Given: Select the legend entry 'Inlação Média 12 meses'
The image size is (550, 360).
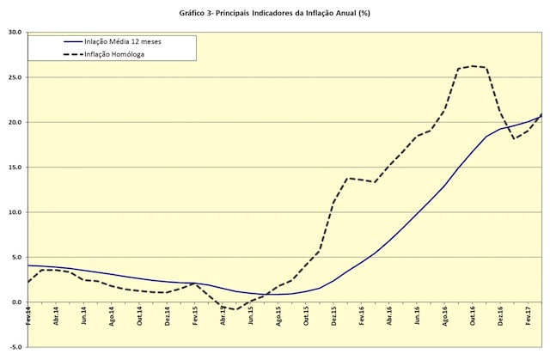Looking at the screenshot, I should [122, 41].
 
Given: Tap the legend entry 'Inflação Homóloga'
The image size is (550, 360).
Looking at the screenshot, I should [114, 53].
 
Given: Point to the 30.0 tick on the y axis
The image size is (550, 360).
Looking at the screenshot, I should [14, 33].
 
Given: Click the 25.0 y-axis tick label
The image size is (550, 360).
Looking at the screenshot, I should [14, 77].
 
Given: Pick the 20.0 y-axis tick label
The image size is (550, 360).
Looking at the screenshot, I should [14, 122].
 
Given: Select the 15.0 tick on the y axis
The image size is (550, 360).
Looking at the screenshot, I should [14, 168].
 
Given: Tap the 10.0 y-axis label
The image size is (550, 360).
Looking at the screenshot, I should [14, 212].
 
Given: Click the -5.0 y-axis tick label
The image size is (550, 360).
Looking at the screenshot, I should [14, 347].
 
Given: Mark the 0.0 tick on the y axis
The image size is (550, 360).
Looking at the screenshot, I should [15, 302].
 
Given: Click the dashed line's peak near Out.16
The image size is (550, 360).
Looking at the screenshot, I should [473, 66].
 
